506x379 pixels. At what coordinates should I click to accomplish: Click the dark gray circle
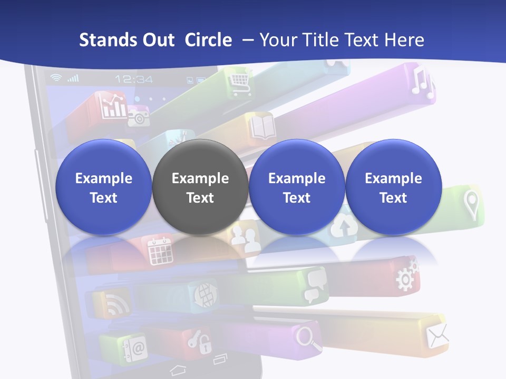[200, 187]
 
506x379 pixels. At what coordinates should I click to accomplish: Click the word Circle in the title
[208, 40]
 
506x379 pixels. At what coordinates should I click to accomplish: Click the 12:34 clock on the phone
[134, 79]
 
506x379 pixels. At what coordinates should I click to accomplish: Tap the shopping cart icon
[239, 81]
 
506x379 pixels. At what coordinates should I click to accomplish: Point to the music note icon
[422, 84]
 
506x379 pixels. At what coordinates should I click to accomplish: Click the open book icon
[262, 128]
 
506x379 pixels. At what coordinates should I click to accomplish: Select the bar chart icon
[114, 107]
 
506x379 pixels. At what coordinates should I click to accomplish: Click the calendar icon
[160, 251]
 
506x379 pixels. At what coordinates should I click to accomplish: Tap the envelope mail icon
[437, 335]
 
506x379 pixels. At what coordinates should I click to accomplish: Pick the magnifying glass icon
[309, 337]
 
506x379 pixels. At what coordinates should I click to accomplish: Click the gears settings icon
[406, 274]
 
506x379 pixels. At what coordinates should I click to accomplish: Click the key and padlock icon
[200, 340]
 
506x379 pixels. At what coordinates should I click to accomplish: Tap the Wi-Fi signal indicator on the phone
[55, 78]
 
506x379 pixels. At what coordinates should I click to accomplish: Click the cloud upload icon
[343, 226]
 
